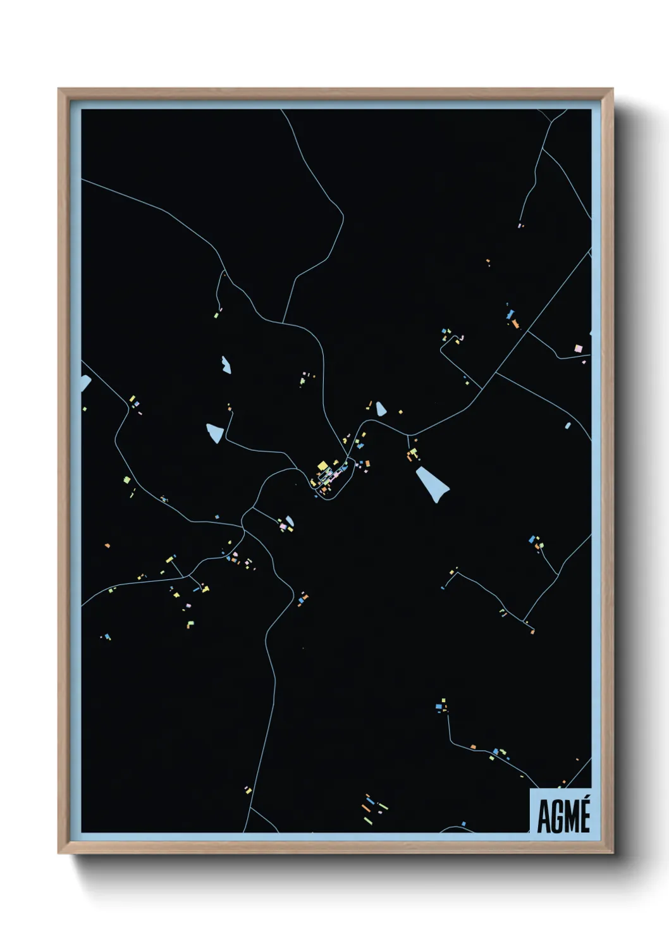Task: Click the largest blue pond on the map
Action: pos(432,483)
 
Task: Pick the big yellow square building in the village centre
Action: pos(322,467)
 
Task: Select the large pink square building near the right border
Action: pos(577,348)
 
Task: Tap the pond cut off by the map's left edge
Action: pos(85,382)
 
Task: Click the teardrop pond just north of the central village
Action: pos(381,409)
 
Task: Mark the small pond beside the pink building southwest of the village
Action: pos(290,522)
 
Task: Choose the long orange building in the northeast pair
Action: pos(515,324)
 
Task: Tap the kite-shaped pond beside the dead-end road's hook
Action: pos(215,433)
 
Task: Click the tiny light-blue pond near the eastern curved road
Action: pos(567,426)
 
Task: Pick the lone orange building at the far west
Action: pos(107,545)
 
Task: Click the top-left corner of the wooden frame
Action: pos(59,89)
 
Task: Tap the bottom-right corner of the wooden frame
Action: pos(613,853)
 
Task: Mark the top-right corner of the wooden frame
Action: pos(613,89)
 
